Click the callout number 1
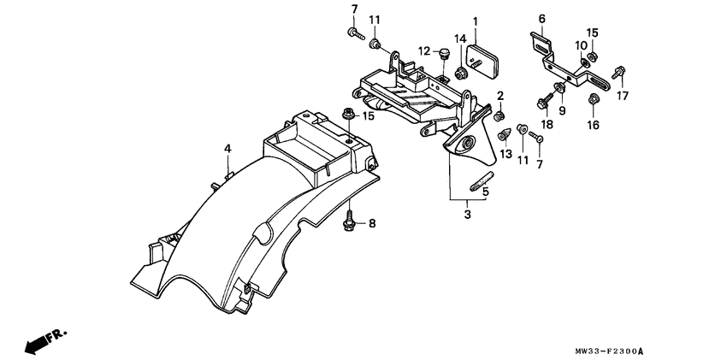(476, 21)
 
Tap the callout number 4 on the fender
(228, 149)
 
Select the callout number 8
(372, 224)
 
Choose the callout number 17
(623, 96)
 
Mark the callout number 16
(591, 125)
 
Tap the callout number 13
(505, 154)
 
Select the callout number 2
(500, 95)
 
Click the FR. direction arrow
(38, 339)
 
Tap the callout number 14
(459, 38)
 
